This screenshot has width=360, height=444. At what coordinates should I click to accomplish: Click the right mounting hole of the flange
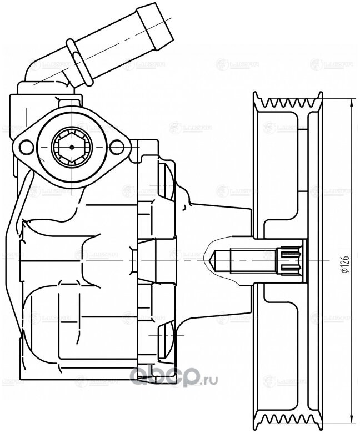116,147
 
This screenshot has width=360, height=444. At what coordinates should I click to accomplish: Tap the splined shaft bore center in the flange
71,147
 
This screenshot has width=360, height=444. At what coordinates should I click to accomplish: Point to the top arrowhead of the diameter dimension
353,102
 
